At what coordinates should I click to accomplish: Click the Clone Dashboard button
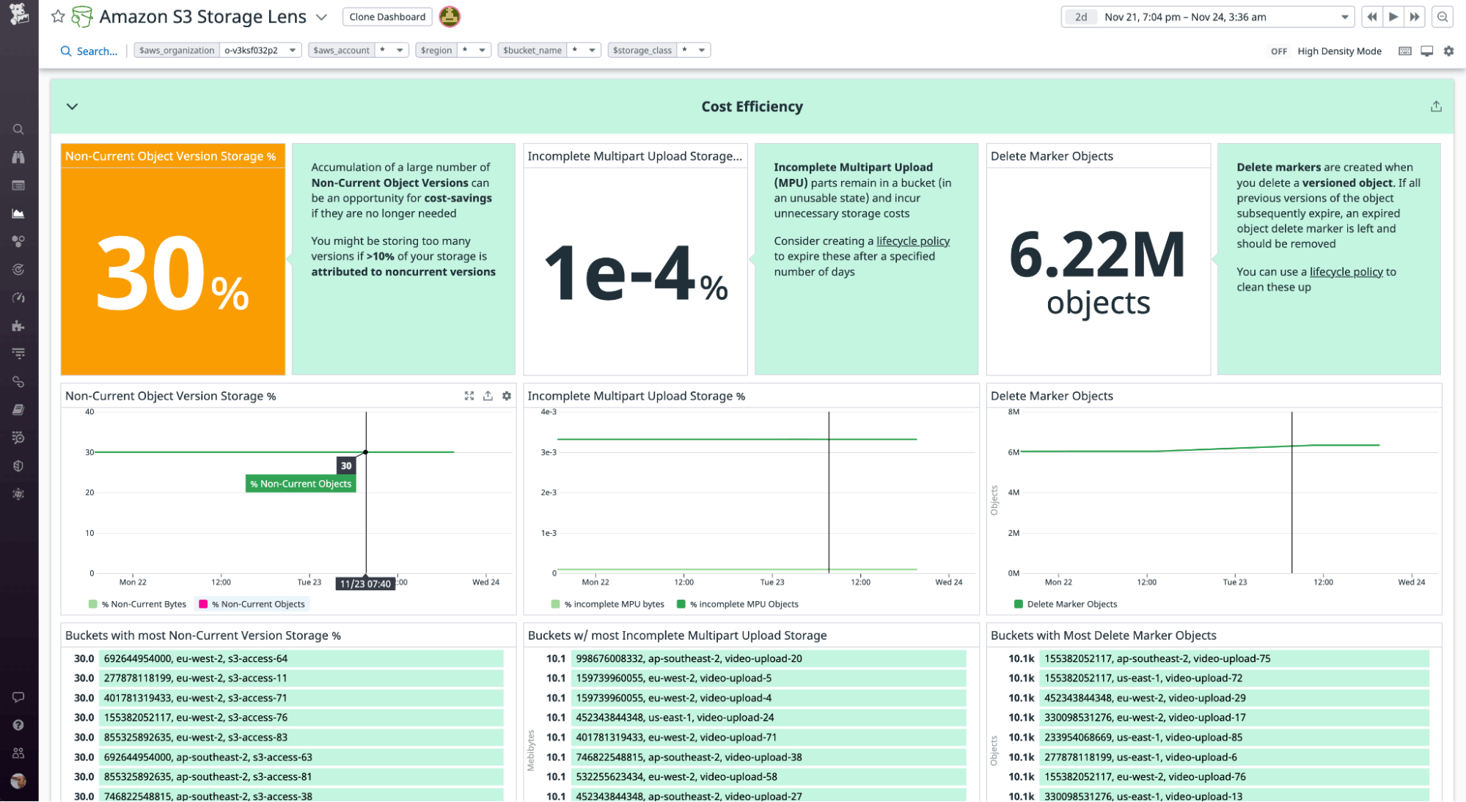point(387,17)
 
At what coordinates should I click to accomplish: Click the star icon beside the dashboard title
point(58,16)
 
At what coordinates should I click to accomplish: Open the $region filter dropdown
point(452,50)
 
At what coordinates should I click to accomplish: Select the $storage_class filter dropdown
point(659,50)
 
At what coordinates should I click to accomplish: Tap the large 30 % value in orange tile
point(173,275)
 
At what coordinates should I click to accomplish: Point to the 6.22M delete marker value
point(1097,255)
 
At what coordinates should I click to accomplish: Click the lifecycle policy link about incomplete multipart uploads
point(912,241)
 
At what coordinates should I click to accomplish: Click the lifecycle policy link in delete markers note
point(1346,272)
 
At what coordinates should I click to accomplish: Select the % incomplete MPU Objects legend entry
point(743,604)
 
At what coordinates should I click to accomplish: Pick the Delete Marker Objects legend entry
point(1071,604)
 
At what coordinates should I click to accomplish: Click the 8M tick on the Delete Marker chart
point(1014,412)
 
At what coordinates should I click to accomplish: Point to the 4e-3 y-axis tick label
point(549,412)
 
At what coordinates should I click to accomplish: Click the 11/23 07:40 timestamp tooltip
point(365,584)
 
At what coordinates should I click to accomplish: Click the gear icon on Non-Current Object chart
point(507,396)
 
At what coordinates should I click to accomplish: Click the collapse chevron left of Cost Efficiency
point(72,106)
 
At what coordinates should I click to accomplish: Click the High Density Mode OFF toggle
point(1278,51)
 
